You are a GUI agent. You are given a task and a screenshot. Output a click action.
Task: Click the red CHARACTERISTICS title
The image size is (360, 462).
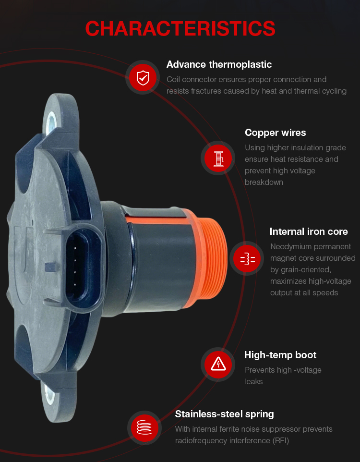click(180, 29)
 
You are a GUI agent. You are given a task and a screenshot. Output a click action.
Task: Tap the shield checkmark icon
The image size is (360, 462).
click(143, 77)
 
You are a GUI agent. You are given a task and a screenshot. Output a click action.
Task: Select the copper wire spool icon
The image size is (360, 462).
click(218, 158)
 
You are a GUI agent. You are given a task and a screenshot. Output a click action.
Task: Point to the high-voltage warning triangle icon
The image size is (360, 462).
click(218, 365)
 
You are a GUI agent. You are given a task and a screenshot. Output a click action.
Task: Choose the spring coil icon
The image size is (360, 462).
click(144, 428)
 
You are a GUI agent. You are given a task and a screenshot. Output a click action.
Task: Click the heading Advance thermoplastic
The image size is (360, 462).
click(219, 64)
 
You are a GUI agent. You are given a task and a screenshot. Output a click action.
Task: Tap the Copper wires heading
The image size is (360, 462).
click(275, 133)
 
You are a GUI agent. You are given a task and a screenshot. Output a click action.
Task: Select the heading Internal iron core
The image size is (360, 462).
click(309, 231)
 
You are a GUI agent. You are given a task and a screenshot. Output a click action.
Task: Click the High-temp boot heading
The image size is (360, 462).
click(280, 355)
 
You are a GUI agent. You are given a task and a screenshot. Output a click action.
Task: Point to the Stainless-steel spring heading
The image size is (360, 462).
click(224, 414)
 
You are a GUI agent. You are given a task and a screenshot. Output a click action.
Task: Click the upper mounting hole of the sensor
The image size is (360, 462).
click(51, 121)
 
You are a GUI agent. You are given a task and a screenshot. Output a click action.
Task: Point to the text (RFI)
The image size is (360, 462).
click(280, 440)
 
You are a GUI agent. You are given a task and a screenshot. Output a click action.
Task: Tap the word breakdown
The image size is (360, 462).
click(264, 182)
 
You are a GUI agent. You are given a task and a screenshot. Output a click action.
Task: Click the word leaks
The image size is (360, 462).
click(253, 382)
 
